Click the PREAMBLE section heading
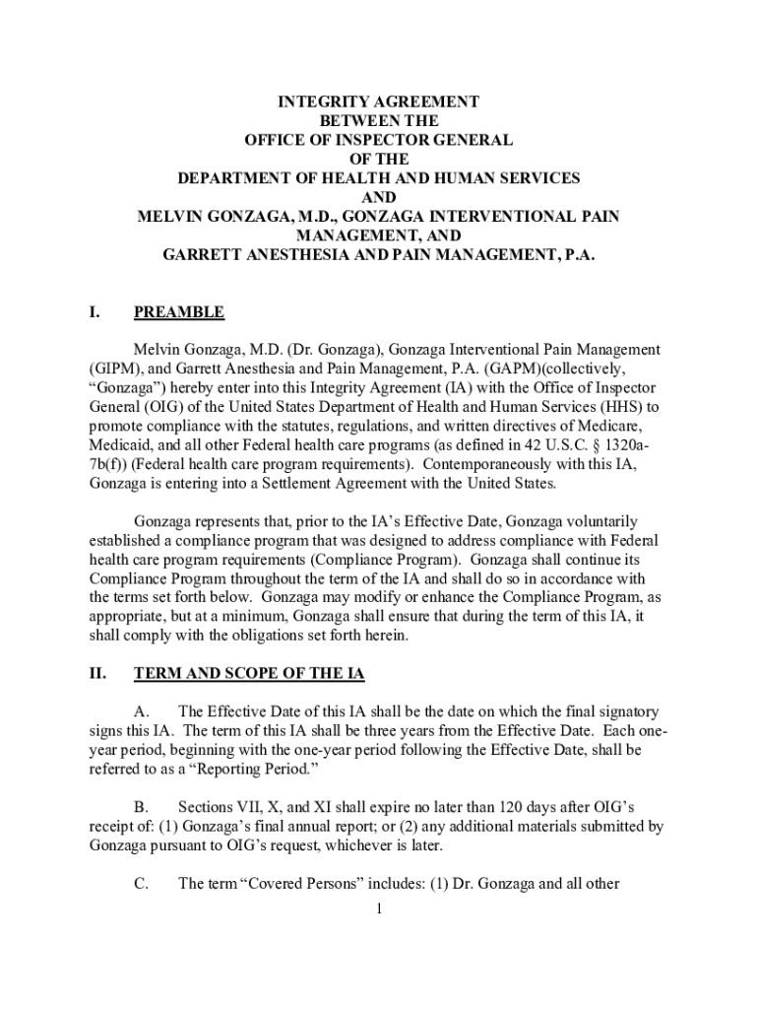pos(178,313)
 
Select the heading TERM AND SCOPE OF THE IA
pos(249,674)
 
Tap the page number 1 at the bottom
pos(379,908)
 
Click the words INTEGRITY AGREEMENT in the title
pos(378,102)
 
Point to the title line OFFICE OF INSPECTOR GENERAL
pos(378,140)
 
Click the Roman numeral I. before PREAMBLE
pos(95,313)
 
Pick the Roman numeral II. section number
pos(98,674)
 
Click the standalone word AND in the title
pos(378,196)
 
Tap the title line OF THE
pos(378,159)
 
